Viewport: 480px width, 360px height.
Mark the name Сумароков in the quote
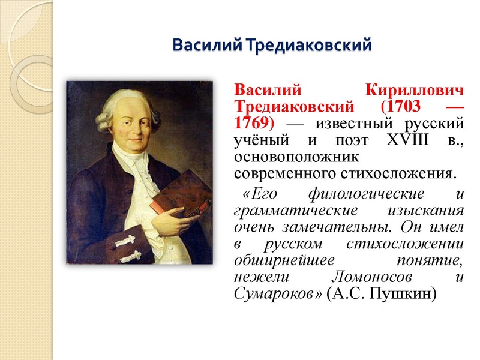[275, 295]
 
